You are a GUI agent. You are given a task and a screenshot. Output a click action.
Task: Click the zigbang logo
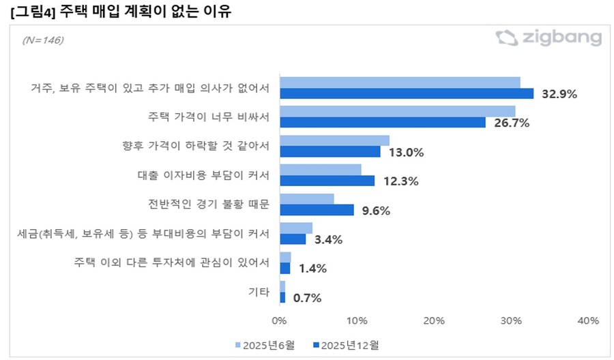tap(549, 38)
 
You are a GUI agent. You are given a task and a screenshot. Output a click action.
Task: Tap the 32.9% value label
tap(559, 94)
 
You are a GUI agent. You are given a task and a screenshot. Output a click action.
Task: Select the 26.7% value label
tap(511, 123)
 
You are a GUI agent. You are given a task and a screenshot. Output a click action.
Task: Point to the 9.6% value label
tap(375, 211)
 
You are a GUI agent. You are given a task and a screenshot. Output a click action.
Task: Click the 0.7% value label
tap(306, 298)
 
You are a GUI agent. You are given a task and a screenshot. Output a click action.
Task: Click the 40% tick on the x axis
tap(587, 320)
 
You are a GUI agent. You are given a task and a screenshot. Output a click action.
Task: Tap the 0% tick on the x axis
tap(279, 320)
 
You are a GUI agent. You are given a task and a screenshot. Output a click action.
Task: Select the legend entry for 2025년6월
tap(265, 344)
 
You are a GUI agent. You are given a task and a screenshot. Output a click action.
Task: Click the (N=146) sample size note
tap(42, 41)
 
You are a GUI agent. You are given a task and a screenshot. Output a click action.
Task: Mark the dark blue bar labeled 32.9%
tap(407, 93)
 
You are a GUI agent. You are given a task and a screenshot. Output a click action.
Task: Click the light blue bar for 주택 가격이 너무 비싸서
tap(397, 111)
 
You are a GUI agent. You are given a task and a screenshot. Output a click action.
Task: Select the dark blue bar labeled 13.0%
tap(330, 151)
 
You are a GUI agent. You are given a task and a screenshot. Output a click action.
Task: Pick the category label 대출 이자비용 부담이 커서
tap(200, 175)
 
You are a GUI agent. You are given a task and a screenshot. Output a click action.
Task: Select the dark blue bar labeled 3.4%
tap(293, 239)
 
